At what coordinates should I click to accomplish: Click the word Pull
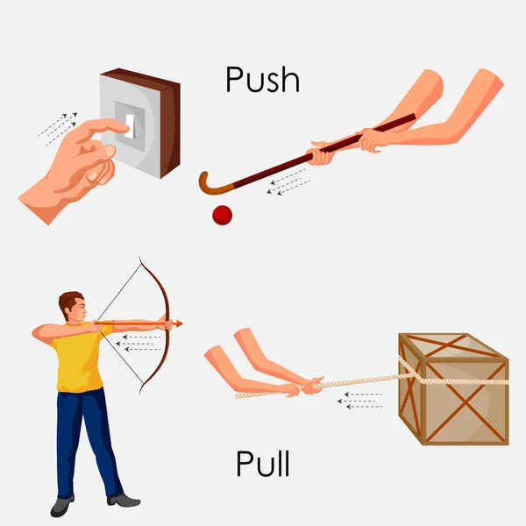point(262,464)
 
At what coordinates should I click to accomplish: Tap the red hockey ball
point(223,215)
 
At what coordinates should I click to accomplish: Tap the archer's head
point(72,308)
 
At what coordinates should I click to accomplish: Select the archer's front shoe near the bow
point(124,500)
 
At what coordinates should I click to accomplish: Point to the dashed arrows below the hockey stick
point(289,183)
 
